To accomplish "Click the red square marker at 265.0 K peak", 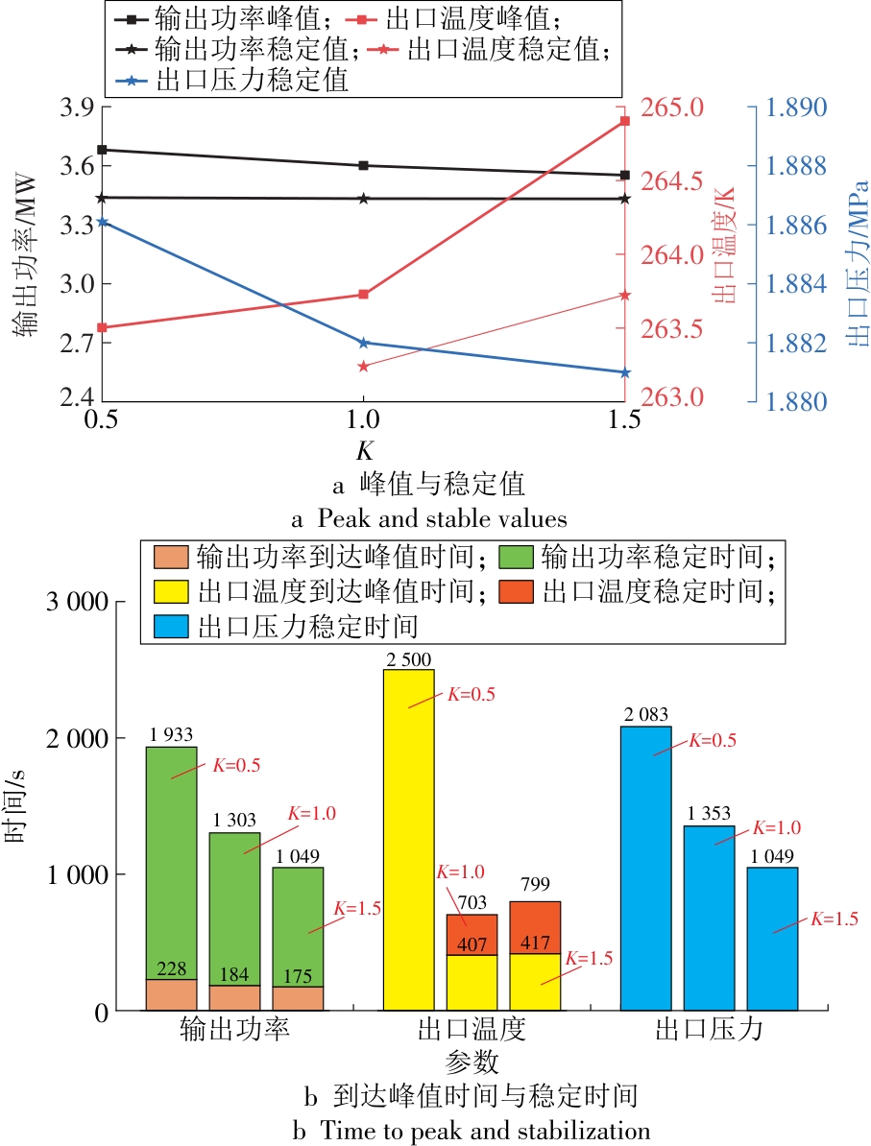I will click(624, 121).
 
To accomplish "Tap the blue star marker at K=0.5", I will click(103, 222).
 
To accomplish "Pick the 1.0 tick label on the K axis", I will click(362, 420).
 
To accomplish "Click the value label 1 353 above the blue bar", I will click(709, 815).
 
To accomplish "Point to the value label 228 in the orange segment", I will click(171, 969).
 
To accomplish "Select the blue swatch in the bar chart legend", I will click(170, 627).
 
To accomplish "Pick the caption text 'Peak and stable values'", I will click(443, 519).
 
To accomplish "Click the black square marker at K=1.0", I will click(363, 165).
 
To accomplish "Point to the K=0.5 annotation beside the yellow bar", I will click(471, 695).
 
